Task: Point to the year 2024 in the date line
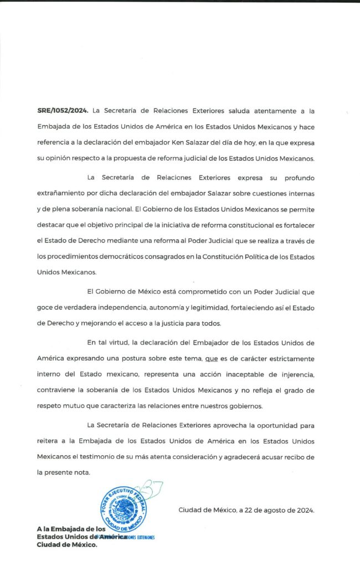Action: [304, 511]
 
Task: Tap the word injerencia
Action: [291, 374]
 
